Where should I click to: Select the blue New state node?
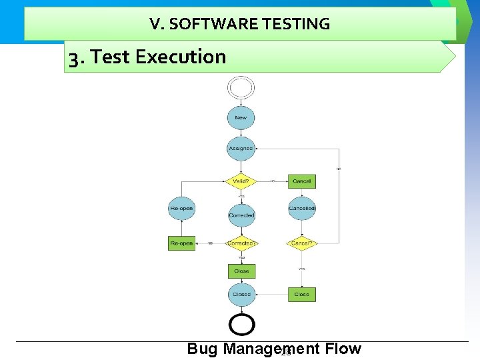[241, 118]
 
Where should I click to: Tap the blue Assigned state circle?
[241, 148]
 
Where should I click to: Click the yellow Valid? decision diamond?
[241, 181]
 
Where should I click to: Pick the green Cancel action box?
[302, 181]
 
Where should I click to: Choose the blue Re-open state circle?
[181, 209]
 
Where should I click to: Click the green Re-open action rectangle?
[181, 243]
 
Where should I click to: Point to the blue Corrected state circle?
[241, 215]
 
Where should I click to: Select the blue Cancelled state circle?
[302, 209]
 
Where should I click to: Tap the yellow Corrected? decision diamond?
[241, 243]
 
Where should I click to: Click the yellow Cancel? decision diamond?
[302, 243]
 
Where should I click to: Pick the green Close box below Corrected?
[241, 271]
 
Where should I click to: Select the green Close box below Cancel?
[302, 294]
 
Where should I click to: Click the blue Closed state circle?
[241, 294]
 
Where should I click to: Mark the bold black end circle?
[241, 325]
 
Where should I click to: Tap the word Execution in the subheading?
[181, 57]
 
